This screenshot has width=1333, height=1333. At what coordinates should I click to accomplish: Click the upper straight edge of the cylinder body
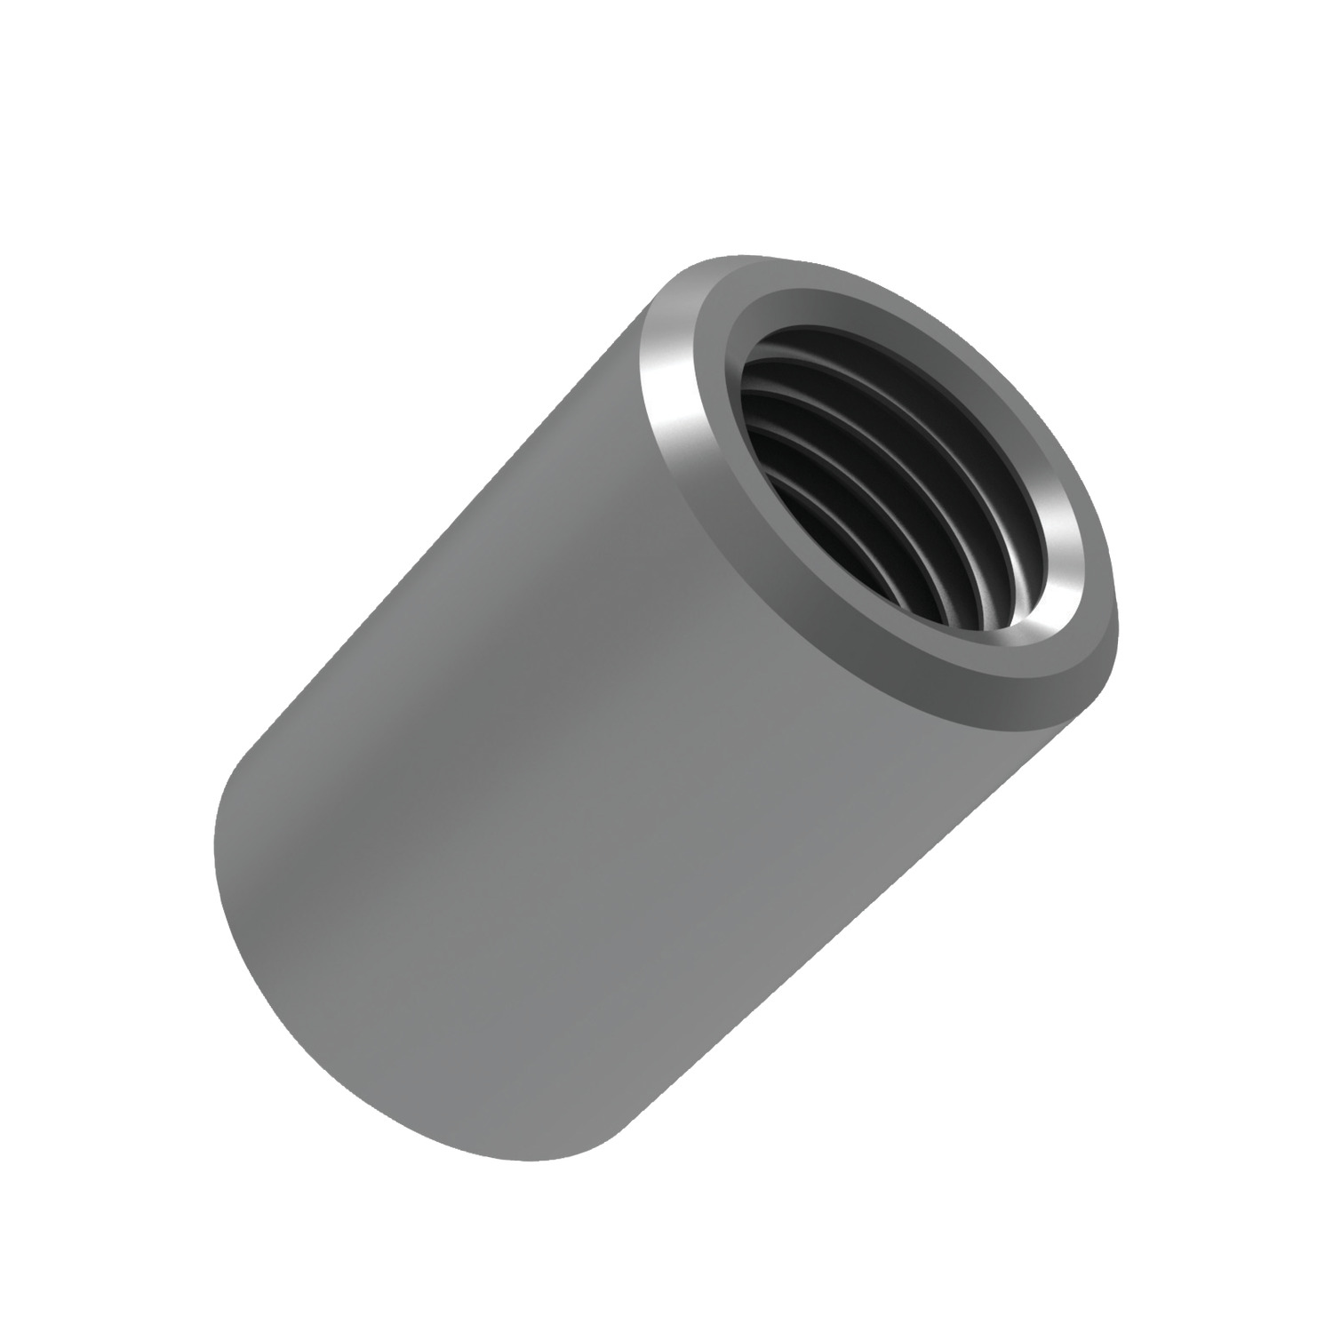(427, 551)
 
